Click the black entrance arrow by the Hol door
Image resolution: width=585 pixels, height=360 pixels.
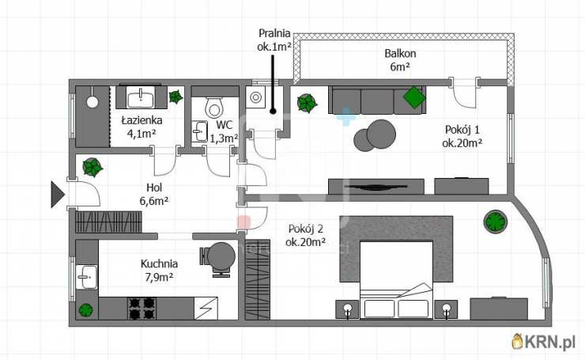[x=57, y=194]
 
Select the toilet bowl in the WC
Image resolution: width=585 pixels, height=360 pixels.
[x=213, y=108]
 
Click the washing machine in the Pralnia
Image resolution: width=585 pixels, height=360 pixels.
[x=255, y=97]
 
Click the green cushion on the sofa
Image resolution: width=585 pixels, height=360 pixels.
[x=414, y=97]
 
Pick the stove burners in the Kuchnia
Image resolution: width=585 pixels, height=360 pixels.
[x=142, y=309]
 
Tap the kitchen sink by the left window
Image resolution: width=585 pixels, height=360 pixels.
[x=87, y=277]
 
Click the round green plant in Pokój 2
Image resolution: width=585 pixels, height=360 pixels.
[x=496, y=222]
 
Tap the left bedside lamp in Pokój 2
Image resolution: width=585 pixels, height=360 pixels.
[x=348, y=309]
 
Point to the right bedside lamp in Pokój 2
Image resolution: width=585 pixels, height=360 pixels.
[x=446, y=309]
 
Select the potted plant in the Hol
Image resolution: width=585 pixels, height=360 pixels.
[x=92, y=167]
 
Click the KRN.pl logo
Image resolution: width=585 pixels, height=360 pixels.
[x=544, y=341]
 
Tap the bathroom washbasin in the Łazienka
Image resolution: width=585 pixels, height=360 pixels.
[x=141, y=97]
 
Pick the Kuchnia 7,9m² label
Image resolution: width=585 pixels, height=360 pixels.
[x=159, y=271]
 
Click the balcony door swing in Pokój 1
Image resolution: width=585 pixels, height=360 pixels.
[x=465, y=93]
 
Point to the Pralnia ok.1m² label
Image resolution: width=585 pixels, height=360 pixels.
[x=274, y=40]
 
